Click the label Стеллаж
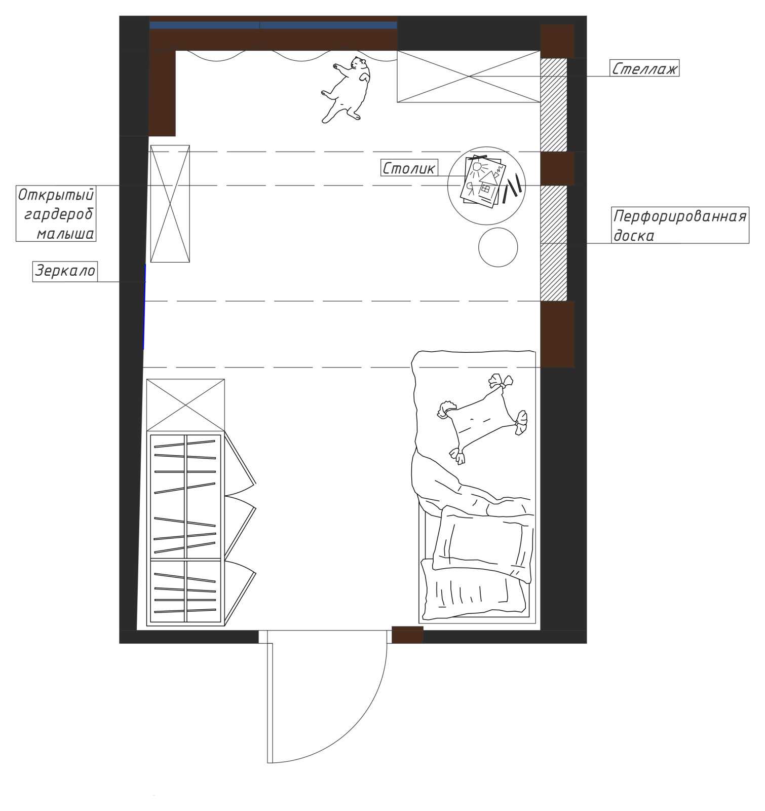pyautogui.click(x=644, y=68)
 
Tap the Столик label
pyautogui.click(x=408, y=168)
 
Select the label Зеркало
pyautogui.click(x=65, y=271)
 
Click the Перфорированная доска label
pyautogui.click(x=680, y=226)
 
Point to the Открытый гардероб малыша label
pyautogui.click(x=56, y=214)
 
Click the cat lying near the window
pyautogui.click(x=347, y=89)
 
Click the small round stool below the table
pyautogui.click(x=498, y=247)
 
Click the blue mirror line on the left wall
pyautogui.click(x=144, y=307)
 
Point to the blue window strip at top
pyautogui.click(x=273, y=25)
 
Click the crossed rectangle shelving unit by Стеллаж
pyautogui.click(x=469, y=77)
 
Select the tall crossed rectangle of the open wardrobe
pyautogui.click(x=170, y=204)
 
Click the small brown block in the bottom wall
pyautogui.click(x=407, y=635)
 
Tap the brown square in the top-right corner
pyautogui.click(x=557, y=41)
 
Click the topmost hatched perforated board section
pyautogui.click(x=554, y=105)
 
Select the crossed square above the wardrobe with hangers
pyautogui.click(x=185, y=405)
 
